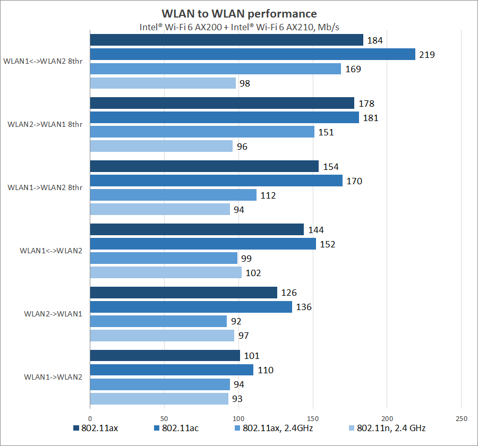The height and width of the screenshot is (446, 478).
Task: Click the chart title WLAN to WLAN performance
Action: [x=239, y=14]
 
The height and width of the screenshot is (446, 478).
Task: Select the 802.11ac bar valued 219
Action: [x=252, y=54]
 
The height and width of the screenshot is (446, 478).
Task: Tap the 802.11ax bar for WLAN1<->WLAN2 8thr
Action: [x=226, y=40]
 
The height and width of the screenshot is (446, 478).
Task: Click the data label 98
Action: [x=244, y=83]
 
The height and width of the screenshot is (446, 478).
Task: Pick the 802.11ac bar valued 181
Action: [x=224, y=117]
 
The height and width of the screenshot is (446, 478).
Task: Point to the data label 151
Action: [x=326, y=132]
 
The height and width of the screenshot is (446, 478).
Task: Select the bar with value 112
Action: [x=173, y=195]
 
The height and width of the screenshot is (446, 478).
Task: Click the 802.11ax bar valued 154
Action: [x=204, y=166]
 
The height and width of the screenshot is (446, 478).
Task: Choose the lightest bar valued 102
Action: [x=166, y=272]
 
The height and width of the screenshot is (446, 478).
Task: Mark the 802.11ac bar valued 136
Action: [x=191, y=307]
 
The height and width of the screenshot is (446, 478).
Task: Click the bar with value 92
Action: [x=158, y=321]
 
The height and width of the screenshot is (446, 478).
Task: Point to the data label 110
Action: [x=266, y=370]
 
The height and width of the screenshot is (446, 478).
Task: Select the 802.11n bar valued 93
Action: [x=159, y=399]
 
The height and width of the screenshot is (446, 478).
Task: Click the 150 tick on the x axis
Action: [x=313, y=418]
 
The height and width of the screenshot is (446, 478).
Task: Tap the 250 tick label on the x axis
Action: [x=461, y=418]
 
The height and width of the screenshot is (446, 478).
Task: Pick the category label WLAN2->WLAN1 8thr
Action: [x=45, y=124]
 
